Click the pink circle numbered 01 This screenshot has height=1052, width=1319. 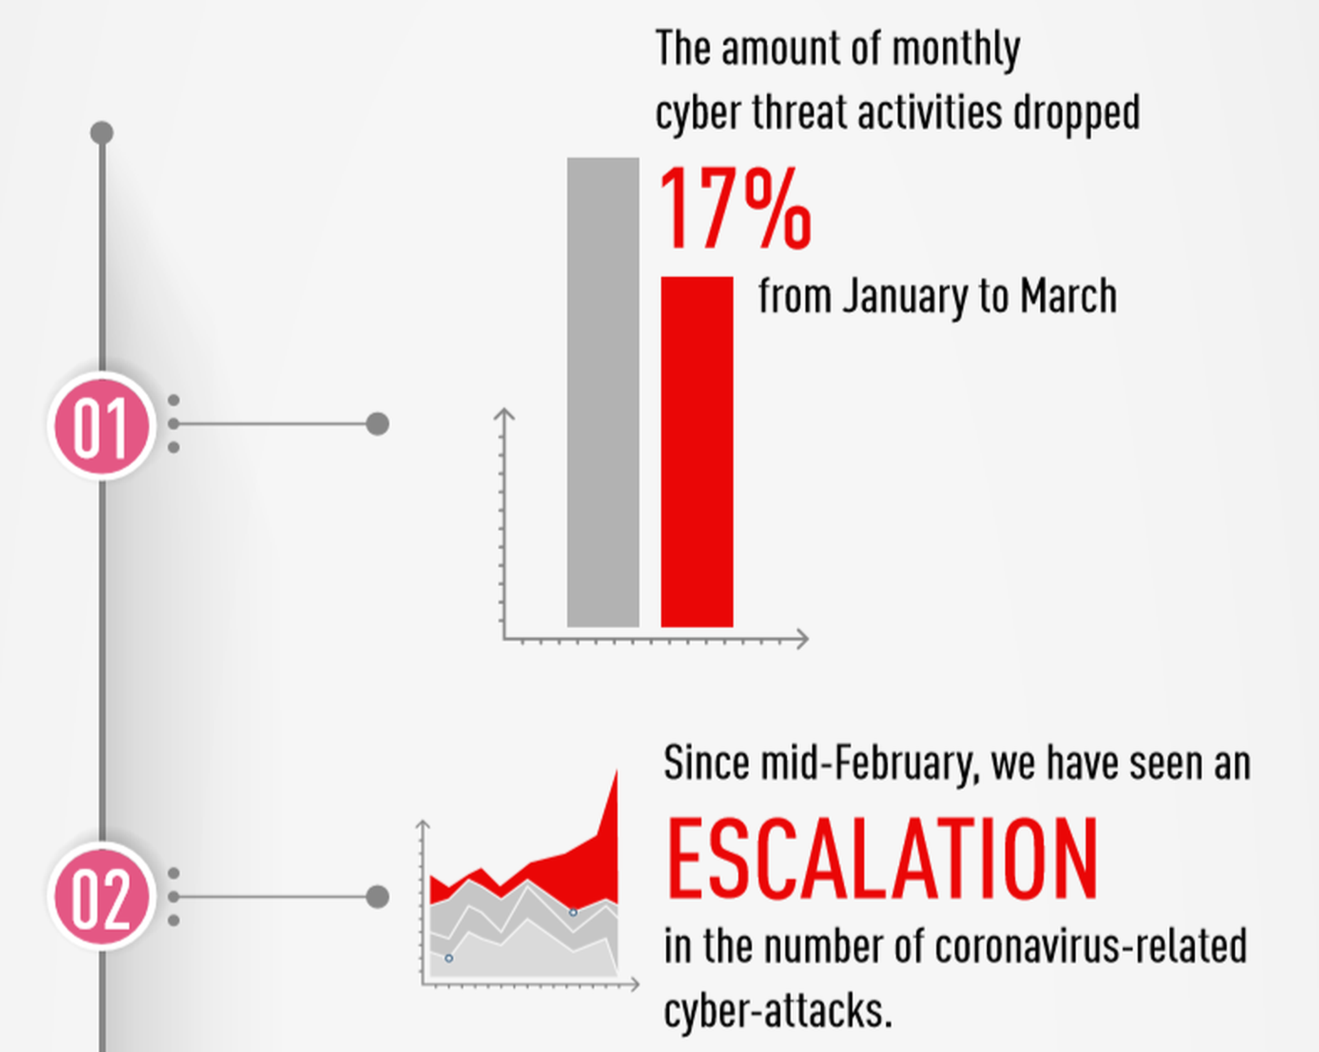click(x=102, y=426)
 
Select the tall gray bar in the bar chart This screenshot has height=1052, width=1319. click(x=602, y=392)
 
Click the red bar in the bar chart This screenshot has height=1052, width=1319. click(x=697, y=452)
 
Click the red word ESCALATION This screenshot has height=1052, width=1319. click(x=882, y=858)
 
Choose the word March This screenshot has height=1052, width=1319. click(x=1068, y=296)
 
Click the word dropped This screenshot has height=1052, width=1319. click(x=1076, y=113)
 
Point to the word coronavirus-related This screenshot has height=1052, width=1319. click(x=1091, y=946)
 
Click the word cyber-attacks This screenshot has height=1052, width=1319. click(x=778, y=1011)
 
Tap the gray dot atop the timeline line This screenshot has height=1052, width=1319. click(x=102, y=133)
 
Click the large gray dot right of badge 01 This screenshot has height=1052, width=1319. click(x=377, y=424)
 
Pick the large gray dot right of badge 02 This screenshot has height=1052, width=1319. click(x=377, y=896)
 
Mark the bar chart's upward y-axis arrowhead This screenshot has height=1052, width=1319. click(x=504, y=413)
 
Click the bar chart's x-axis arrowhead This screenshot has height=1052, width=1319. click(x=802, y=639)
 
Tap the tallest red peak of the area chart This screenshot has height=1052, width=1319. click(x=616, y=772)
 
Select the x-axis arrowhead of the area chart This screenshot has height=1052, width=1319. click(x=634, y=984)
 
